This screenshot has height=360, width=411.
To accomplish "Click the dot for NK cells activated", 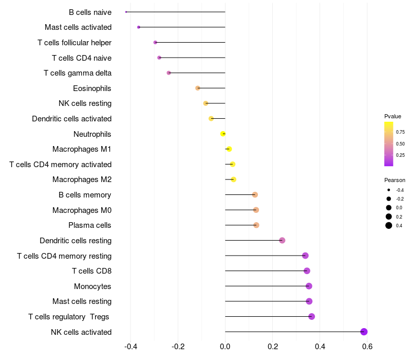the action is coord(364,332).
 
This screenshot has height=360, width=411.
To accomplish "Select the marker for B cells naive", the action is coord(126,12).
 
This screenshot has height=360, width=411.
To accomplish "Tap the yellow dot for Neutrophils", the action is coord(223,134).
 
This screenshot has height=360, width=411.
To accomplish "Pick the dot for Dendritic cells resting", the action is coord(282,240).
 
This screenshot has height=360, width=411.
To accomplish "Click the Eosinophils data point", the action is coord(198,88).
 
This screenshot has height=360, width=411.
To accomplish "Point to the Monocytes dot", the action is coord(309,286).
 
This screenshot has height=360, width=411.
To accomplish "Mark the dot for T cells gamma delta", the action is coord(169,73).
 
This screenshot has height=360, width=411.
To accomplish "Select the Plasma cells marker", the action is coord(256,225).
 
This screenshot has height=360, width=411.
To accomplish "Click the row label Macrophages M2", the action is coord(82,179).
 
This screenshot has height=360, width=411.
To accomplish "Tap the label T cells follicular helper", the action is coord(74,43).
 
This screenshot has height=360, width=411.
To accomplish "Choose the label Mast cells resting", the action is coord(82,301).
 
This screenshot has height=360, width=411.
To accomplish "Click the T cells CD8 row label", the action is coord(92,271).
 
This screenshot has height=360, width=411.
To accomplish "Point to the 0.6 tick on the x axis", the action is coord(367,347).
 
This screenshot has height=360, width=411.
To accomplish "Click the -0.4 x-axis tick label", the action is coord(130,347).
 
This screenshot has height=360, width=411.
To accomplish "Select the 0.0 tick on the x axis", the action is coord(225,347).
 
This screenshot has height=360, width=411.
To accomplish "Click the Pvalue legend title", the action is coord(393,116).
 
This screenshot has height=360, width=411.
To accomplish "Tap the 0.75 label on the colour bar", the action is coord(400,132).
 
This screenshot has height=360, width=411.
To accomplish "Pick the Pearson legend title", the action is coord(395,180).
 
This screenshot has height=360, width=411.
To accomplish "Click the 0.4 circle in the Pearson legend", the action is coord(389,225).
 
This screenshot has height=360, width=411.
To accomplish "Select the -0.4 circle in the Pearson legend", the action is coord(389,190).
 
